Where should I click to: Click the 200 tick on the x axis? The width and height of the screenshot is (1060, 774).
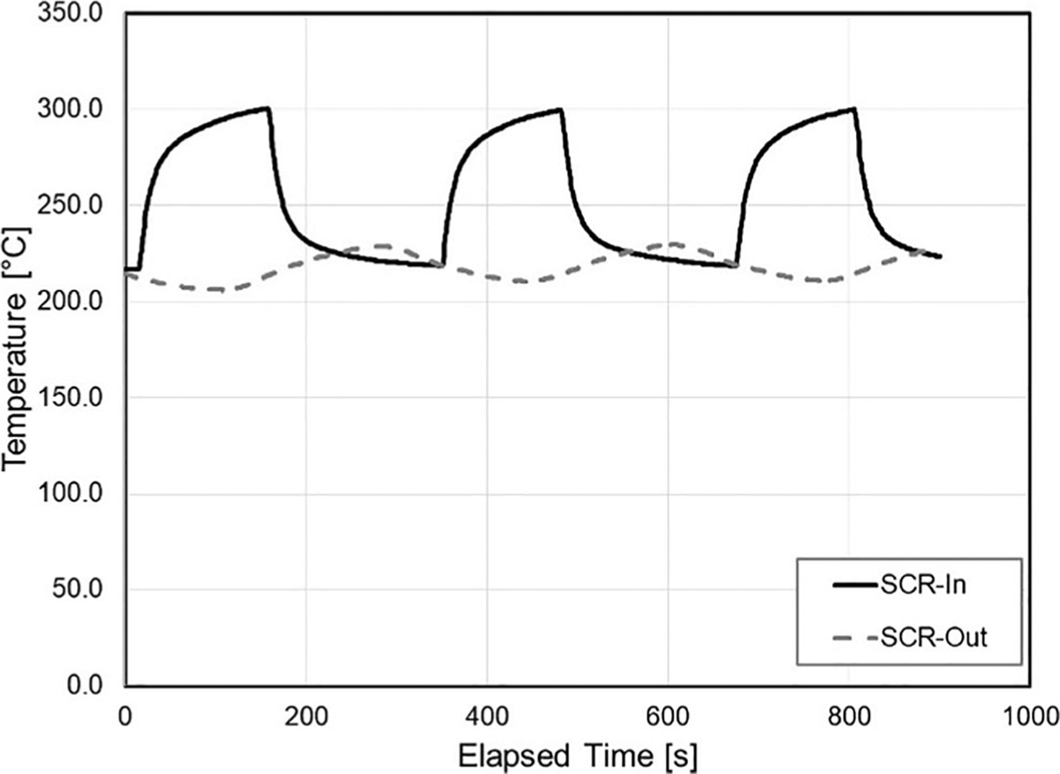pyautogui.click(x=306, y=713)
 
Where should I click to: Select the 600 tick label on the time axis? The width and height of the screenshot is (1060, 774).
pyautogui.click(x=669, y=713)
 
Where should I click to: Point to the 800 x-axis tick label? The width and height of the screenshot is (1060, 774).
pyautogui.click(x=851, y=713)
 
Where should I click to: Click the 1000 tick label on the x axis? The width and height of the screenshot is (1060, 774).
pyautogui.click(x=1027, y=713)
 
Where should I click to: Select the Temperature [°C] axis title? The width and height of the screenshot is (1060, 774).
pyautogui.click(x=19, y=350)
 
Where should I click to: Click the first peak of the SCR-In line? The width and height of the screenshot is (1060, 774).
pyautogui.click(x=267, y=108)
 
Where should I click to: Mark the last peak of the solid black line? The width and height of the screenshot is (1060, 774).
pyautogui.click(x=854, y=109)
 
